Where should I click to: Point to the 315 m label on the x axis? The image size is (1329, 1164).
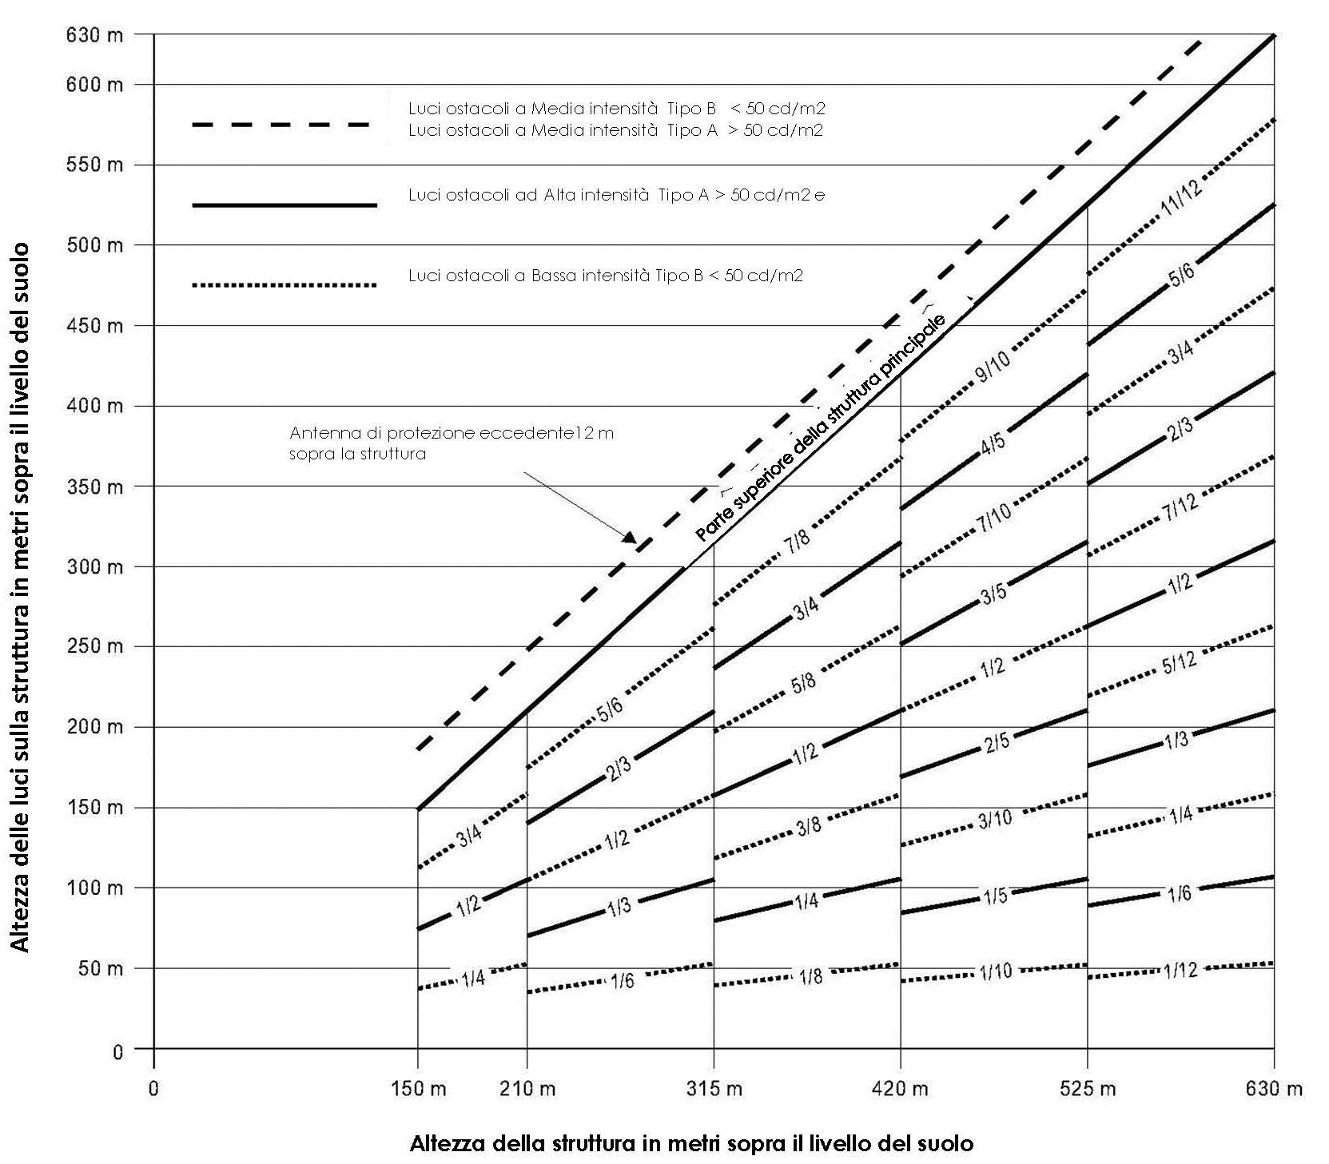click(714, 1088)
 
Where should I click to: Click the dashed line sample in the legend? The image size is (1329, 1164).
click(281, 125)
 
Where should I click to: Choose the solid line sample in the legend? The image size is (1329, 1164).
click(284, 205)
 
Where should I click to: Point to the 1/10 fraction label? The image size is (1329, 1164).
click(995, 972)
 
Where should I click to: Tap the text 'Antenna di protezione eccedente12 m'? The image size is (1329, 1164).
click(452, 434)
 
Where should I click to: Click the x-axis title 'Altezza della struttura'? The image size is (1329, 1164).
click(691, 1143)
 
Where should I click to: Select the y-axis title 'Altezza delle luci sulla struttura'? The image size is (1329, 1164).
click(21, 597)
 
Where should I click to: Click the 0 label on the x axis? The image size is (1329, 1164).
click(153, 1088)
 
